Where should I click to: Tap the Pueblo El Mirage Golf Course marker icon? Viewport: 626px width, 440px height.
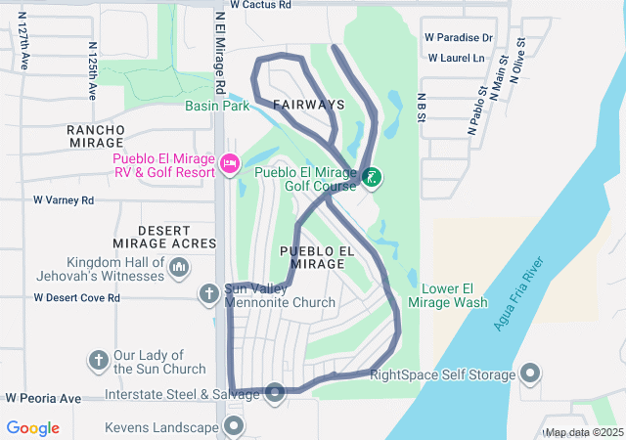click(x=372, y=177)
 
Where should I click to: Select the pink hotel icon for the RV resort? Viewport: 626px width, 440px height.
click(x=231, y=162)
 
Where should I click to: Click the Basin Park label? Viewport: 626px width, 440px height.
click(x=218, y=107)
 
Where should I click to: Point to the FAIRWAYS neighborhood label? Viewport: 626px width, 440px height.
click(x=308, y=104)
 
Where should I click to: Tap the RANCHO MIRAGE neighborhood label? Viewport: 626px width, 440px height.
click(x=95, y=136)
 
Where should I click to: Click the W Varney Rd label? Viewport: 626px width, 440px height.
click(x=64, y=200)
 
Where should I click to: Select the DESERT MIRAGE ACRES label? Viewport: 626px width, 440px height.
click(x=176, y=237)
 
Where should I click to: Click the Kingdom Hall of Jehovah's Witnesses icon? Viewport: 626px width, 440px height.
click(x=179, y=266)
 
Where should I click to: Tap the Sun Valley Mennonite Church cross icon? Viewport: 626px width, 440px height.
click(x=209, y=292)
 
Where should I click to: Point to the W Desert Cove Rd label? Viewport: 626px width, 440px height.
click(x=76, y=297)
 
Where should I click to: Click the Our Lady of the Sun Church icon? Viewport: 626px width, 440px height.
click(x=99, y=360)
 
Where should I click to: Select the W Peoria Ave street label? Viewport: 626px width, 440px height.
click(x=43, y=399)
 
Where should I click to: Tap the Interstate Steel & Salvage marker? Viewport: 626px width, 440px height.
click(x=275, y=393)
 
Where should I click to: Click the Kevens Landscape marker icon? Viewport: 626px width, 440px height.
click(x=234, y=425)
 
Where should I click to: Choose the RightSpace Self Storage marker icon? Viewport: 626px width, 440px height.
click(x=530, y=374)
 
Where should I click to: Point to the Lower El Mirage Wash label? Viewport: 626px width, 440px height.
click(x=454, y=295)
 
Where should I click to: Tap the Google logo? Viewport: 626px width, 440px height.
click(x=33, y=428)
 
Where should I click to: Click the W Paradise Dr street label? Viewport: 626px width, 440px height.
click(x=459, y=38)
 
